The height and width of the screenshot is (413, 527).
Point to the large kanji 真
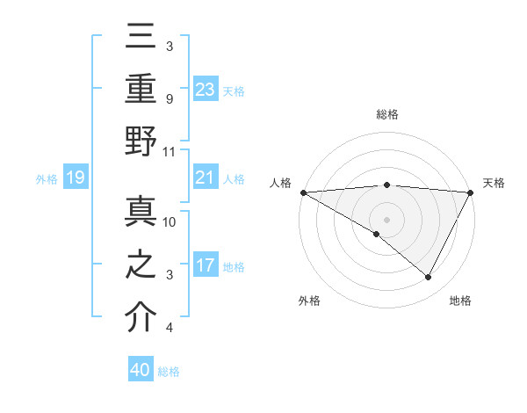click(141, 212)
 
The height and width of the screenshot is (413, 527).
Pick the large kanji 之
click(141, 264)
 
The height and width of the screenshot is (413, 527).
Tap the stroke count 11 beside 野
click(170, 151)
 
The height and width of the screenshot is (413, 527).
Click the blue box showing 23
click(206, 89)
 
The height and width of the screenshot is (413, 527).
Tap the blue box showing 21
click(206, 178)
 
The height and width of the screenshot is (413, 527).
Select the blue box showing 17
click(206, 266)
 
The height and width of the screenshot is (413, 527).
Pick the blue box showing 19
click(75, 178)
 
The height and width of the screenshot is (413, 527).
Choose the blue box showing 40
click(141, 370)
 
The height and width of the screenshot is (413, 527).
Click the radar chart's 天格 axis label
click(495, 183)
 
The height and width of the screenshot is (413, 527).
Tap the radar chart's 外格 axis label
click(309, 301)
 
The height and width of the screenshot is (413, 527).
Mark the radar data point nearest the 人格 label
click(303, 192)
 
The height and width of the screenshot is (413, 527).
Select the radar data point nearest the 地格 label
click(429, 278)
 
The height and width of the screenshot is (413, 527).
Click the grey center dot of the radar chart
click(386, 219)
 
